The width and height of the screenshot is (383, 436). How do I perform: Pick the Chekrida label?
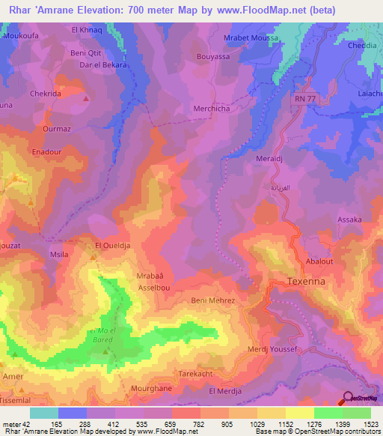pos(45,94)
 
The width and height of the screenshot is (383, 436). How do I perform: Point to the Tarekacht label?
pos(197,372)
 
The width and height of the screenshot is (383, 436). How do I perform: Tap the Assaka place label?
pos(349,219)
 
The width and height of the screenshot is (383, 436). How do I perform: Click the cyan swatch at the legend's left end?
pos(44,413)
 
